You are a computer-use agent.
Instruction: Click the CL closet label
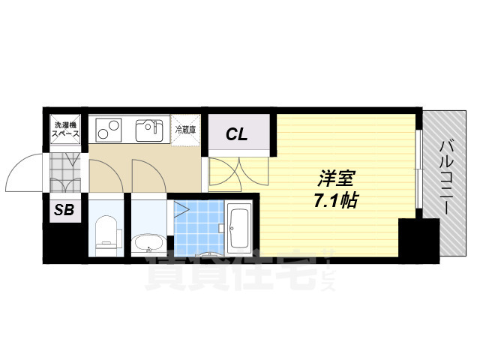[x=237, y=135]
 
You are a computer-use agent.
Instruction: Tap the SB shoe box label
[x=64, y=211]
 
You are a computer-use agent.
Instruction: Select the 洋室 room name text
[x=336, y=180]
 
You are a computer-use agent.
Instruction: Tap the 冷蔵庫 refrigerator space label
[x=185, y=130]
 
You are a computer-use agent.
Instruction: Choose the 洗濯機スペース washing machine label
[x=64, y=129]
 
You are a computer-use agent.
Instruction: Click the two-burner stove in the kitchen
[x=109, y=130]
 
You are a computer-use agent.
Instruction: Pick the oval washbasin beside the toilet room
[x=148, y=243]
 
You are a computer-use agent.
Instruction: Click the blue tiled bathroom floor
[x=198, y=222]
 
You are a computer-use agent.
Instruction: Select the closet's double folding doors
[x=237, y=172]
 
